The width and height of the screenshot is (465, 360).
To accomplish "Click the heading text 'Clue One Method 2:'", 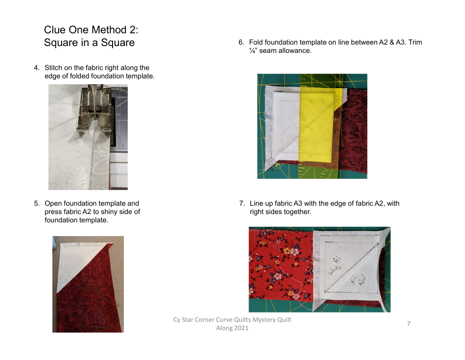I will click(x=91, y=30).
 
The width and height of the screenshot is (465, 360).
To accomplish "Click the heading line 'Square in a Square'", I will click(x=89, y=43).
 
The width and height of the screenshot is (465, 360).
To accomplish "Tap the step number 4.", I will click(x=36, y=68).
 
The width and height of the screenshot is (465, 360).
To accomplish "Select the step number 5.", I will click(x=36, y=203).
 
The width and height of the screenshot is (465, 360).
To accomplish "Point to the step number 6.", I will click(x=241, y=43).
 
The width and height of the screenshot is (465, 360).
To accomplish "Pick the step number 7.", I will click(x=242, y=203).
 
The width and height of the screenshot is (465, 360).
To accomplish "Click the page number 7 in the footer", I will click(x=408, y=323).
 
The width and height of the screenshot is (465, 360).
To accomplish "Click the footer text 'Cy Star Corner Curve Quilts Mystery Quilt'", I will click(x=232, y=320).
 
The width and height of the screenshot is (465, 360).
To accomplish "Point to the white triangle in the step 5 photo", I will click(x=73, y=264).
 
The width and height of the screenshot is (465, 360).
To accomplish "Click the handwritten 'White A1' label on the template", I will click(x=336, y=267).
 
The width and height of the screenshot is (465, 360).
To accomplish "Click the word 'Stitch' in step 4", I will click(x=53, y=68).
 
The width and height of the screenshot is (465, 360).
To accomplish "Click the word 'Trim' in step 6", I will click(x=415, y=43).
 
